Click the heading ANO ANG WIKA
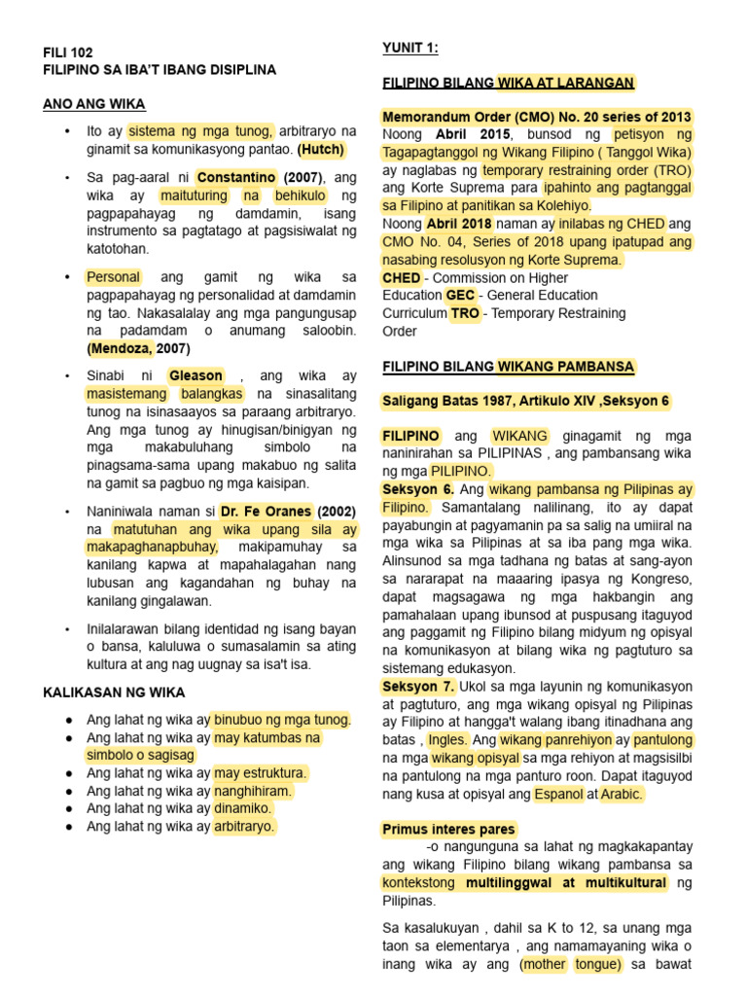[94, 104]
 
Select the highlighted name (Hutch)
[321, 149]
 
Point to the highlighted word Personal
[114, 277]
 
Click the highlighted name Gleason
[196, 375]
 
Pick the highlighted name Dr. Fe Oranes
[267, 512]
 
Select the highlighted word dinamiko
[243, 808]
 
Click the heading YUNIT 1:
[409, 48]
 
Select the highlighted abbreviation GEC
[460, 295]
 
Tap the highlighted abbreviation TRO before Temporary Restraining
[464, 313]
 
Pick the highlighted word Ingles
[447, 740]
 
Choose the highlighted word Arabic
[622, 794]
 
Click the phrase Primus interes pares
[448, 829]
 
